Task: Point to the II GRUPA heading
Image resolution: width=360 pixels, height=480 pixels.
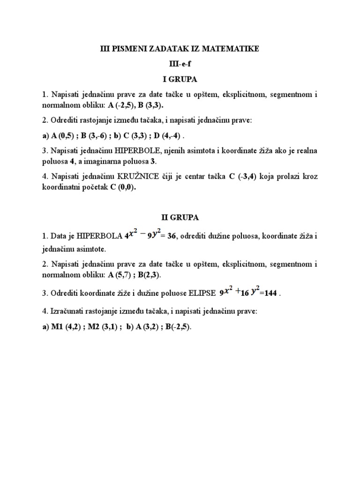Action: point(180,217)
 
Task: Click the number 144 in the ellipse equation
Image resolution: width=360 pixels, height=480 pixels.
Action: point(271,293)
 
